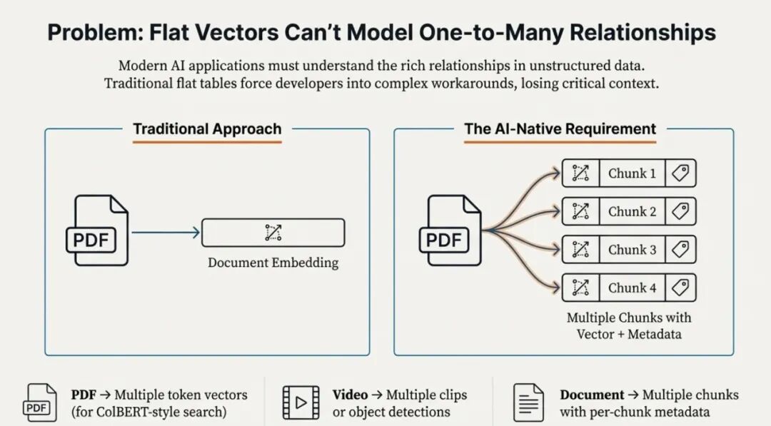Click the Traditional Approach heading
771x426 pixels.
207,129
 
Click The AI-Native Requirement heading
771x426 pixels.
560,129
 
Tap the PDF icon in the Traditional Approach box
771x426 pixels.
101,230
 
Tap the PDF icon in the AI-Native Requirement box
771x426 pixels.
454,230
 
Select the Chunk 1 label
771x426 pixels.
632,173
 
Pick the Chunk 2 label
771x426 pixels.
632,211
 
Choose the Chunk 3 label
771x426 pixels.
632,250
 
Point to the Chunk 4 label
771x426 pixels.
632,288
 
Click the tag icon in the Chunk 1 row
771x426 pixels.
681,173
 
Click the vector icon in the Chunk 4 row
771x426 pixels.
580,288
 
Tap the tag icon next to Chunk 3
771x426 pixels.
681,250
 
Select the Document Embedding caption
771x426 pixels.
273,263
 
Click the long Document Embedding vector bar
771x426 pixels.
273,233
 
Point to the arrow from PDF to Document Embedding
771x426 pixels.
166,232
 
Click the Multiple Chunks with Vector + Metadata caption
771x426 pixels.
629,325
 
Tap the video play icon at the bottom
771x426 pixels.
301,402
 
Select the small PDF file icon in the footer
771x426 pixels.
41,402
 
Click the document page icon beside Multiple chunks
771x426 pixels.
528,402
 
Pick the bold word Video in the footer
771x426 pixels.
350,395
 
